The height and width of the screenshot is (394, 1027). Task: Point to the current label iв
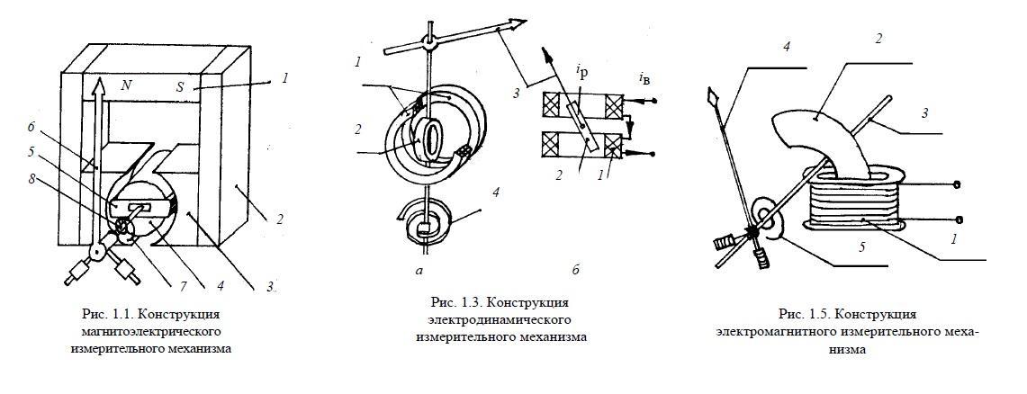645,79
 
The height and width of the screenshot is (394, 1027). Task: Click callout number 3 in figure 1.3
515,93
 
